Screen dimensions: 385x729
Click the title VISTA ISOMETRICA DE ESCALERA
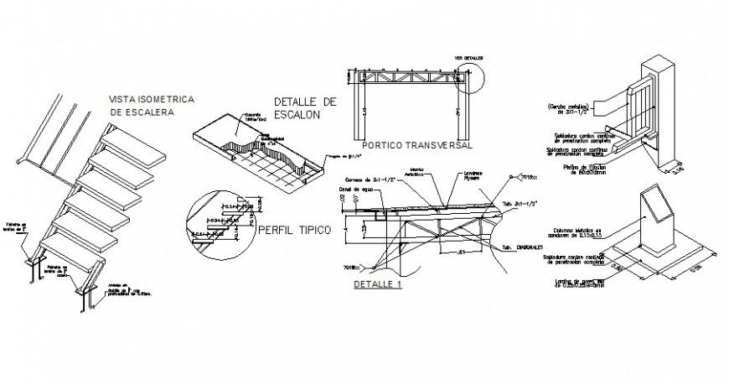coord(152,105)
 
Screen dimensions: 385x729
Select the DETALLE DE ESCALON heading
coord(305,108)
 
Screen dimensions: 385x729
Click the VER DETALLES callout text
coord(469,60)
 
